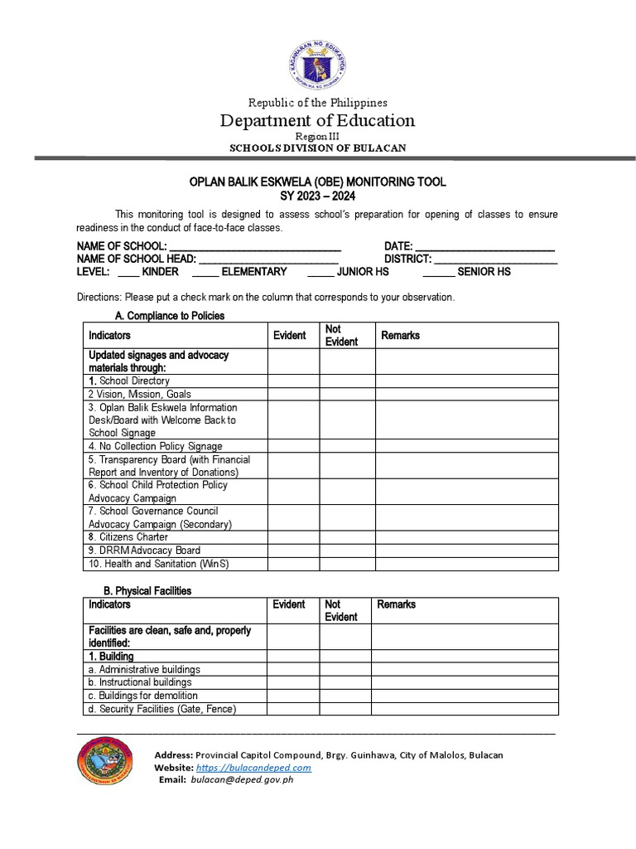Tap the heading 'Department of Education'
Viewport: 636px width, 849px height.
pyautogui.click(x=317, y=121)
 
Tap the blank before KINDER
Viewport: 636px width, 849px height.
pyautogui.click(x=128, y=272)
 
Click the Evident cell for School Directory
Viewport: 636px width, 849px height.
pyautogui.click(x=292, y=381)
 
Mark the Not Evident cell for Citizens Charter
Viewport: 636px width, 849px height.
pyautogui.click(x=348, y=537)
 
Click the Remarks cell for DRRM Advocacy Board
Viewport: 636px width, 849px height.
pyautogui.click(x=466, y=551)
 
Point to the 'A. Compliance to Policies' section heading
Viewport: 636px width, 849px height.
pyautogui.click(x=169, y=316)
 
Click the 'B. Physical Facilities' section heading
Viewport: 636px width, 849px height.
pyautogui.click(x=153, y=590)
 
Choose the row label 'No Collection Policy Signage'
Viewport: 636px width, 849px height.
pyautogui.click(x=156, y=446)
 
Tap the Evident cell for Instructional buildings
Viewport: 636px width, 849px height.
pyautogui.click(x=292, y=682)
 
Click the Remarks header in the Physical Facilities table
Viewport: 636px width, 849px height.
pyautogui.click(x=397, y=604)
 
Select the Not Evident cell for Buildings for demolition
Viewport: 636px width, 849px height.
pyautogui.click(x=345, y=696)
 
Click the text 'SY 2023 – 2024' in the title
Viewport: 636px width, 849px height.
pyautogui.click(x=317, y=194)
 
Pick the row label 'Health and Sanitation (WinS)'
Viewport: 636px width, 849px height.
pyautogui.click(x=157, y=564)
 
